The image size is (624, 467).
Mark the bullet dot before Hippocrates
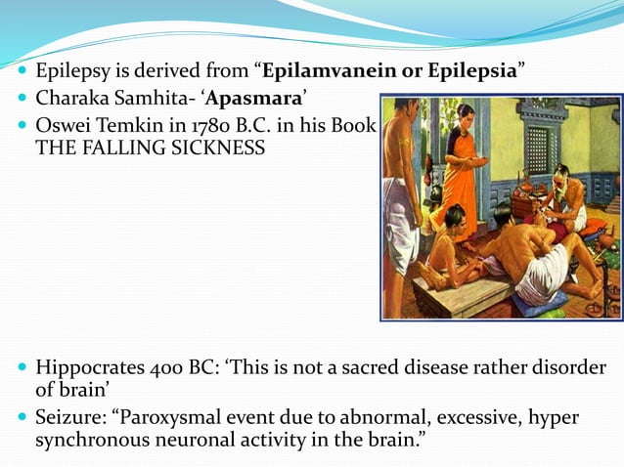tap(22, 369)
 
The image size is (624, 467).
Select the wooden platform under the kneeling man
tap(460, 297)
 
